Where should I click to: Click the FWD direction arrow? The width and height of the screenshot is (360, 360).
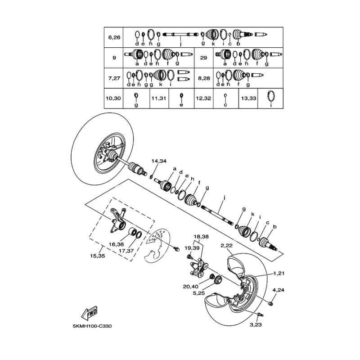point(89,313)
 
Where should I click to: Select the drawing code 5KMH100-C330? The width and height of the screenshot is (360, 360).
point(92,326)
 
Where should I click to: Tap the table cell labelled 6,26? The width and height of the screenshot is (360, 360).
point(114,37)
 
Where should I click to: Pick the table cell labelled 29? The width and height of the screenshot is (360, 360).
point(204,58)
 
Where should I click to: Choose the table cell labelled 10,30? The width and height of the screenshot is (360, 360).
point(113,98)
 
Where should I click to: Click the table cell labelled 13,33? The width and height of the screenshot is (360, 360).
point(248,98)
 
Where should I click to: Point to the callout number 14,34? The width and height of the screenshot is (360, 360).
point(159,161)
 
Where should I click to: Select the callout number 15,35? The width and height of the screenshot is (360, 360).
point(98,256)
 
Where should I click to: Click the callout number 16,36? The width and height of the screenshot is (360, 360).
point(116,244)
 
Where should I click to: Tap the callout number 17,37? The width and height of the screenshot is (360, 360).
point(126,251)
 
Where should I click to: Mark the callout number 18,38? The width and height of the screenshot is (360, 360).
point(201,237)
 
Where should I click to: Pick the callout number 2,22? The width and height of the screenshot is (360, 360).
point(227,245)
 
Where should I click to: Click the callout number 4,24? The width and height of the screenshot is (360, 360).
point(278,290)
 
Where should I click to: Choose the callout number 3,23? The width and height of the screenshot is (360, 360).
point(256,324)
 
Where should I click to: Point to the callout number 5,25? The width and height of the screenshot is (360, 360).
point(198,293)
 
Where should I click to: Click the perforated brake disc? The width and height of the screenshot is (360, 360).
point(156,245)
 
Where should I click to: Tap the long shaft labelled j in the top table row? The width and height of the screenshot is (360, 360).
point(180,35)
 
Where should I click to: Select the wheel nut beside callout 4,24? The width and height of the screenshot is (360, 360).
point(271,304)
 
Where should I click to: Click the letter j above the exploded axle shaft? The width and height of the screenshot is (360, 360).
point(224,197)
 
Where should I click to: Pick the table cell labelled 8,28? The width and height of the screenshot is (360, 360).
point(204,78)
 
